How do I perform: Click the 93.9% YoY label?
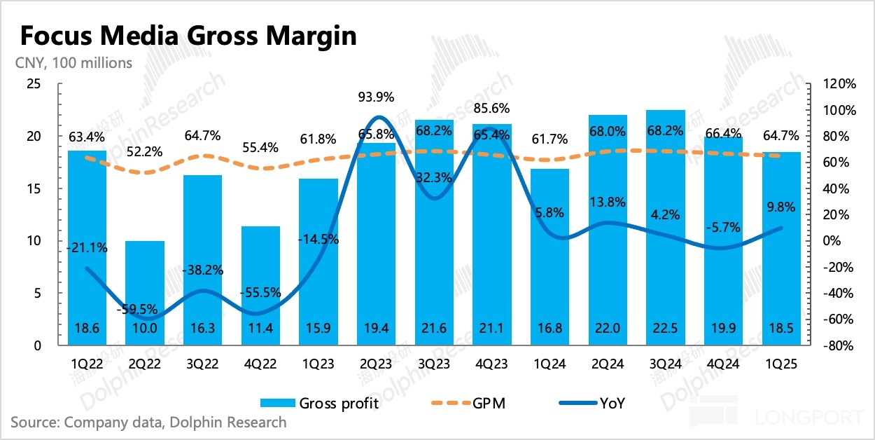(375, 97)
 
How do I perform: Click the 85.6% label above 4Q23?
(491, 109)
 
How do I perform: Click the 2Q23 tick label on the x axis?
(375, 364)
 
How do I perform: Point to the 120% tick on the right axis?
(838, 84)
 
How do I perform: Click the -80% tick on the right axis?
(839, 345)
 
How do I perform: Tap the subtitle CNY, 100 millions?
(73, 63)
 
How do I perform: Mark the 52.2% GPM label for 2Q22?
(145, 151)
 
